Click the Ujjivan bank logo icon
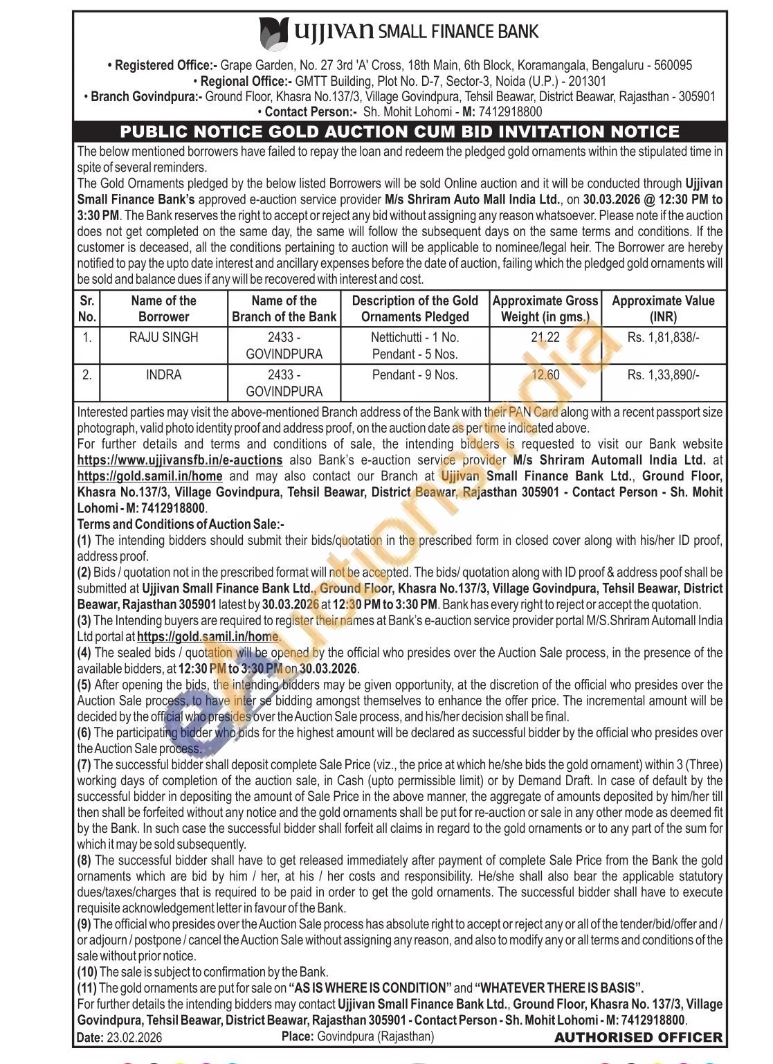pos(273,32)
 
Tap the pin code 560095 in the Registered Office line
pos(670,66)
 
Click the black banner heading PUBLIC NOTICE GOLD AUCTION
pos(400,132)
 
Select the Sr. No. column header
pos(87,309)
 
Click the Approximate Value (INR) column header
pos(663,309)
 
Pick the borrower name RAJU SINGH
pos(163,338)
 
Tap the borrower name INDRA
pos(163,375)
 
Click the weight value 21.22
pos(545,338)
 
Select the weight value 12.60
pos(545,375)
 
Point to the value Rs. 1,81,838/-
pos(663,338)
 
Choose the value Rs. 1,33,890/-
pos(663,375)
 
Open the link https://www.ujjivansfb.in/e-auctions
pos(180,460)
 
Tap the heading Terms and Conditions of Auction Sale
pos(181,524)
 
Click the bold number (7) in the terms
pos(84,765)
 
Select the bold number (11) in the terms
pos(87,988)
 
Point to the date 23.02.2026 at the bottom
pos(133,1038)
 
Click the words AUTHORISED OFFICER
pos(638,1037)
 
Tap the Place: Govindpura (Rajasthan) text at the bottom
pos(358,1036)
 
